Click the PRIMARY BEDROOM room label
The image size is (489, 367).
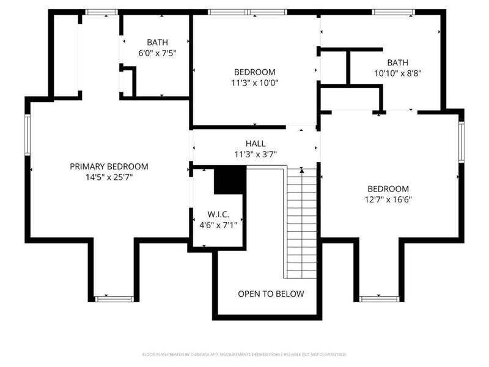[x=109, y=166]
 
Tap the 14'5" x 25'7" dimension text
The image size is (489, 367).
[x=109, y=177]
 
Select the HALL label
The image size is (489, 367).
[x=256, y=143]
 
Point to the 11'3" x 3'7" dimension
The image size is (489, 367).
[x=256, y=154]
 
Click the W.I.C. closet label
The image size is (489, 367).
[x=218, y=214]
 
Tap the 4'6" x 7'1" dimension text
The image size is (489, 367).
[x=218, y=224]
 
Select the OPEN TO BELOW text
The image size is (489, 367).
[x=271, y=294]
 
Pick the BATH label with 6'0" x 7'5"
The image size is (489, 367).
[x=157, y=42]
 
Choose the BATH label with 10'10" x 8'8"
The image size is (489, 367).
[x=397, y=62]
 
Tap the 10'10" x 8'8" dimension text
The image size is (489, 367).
[x=397, y=72]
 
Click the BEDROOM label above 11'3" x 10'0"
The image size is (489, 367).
[x=255, y=72]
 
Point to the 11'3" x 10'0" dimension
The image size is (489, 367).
[x=255, y=83]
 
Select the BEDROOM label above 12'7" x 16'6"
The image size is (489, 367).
[x=388, y=188]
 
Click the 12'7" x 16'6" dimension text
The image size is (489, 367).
[x=388, y=199]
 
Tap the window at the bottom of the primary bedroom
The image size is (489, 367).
[x=114, y=298]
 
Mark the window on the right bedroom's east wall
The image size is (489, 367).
[x=461, y=142]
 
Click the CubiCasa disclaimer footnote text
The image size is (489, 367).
[x=244, y=354]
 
